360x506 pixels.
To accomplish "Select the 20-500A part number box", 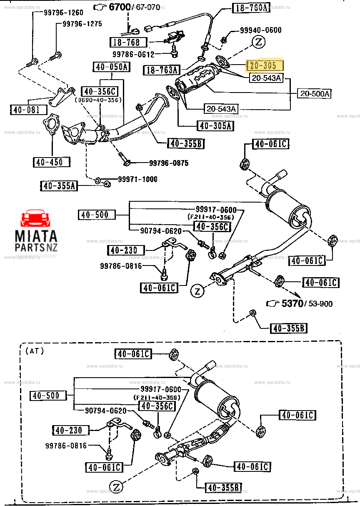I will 314,94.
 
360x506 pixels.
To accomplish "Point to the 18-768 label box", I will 128,42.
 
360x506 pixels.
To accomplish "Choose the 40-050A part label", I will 112,67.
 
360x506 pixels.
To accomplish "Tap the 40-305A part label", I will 215,125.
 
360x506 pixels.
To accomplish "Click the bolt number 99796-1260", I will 63,13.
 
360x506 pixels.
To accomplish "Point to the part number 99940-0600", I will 260,30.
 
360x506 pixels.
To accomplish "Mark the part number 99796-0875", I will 168,163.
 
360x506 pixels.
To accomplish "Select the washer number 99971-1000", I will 137,179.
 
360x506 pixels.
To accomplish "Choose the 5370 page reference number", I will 292,303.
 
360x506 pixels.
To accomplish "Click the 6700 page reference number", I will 120,7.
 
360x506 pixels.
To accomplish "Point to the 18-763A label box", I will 161,70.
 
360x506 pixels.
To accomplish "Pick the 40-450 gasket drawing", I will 52,125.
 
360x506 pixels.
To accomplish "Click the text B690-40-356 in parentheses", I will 98,100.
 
